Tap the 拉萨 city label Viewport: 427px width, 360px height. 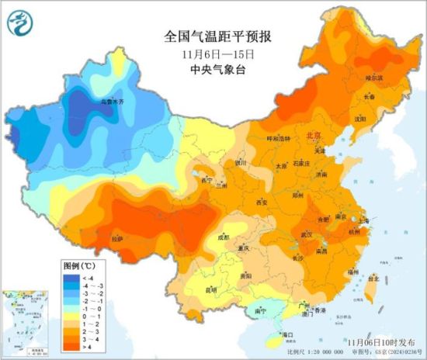coord(116,240)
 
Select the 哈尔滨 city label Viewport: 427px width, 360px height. coord(374,78)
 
